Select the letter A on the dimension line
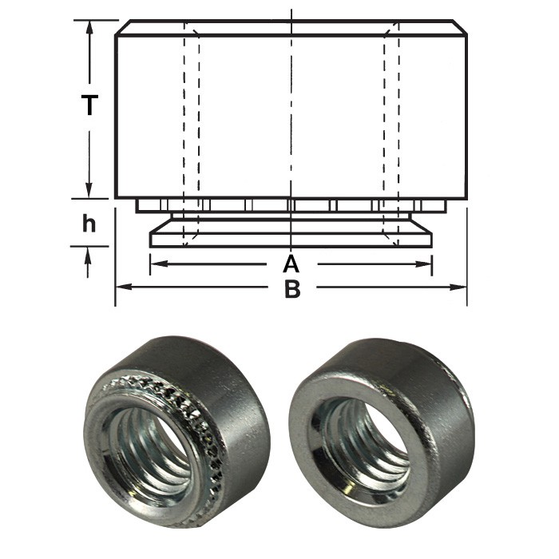[x=291, y=264]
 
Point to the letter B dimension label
[x=292, y=288]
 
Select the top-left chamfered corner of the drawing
[x=121, y=27]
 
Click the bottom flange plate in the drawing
[x=291, y=239]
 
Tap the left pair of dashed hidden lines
[x=191, y=120]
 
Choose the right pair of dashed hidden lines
[x=391, y=120]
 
